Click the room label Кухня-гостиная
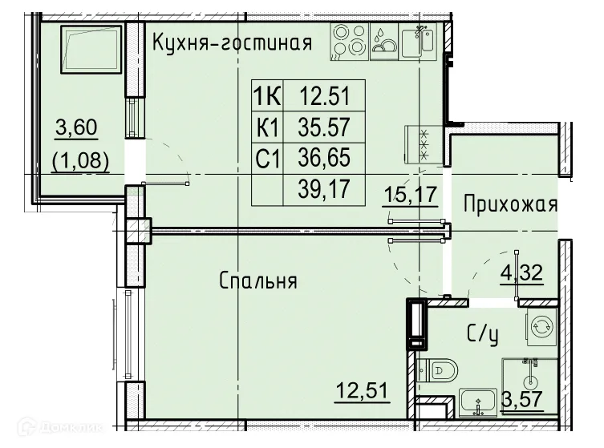point(231,42)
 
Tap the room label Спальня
point(258,281)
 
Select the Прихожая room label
point(510,204)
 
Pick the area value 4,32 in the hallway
point(522,271)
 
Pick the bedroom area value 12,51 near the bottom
point(363,393)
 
